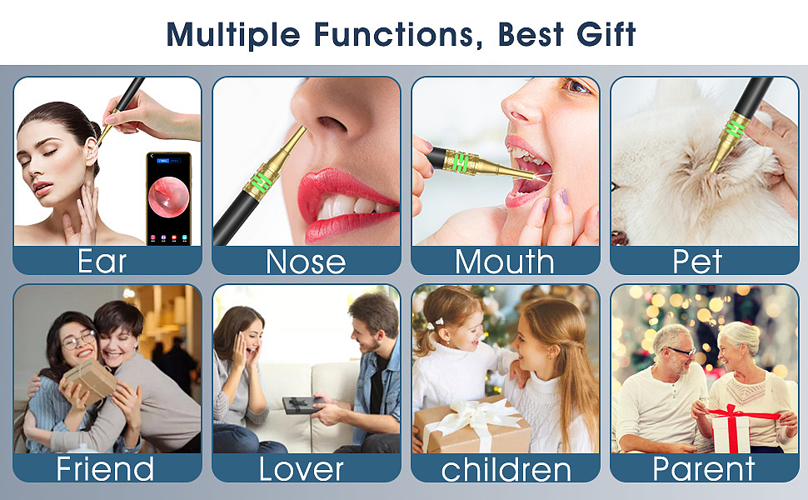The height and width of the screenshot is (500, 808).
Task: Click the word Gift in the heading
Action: click(x=606, y=35)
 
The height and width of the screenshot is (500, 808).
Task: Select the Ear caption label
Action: click(x=102, y=261)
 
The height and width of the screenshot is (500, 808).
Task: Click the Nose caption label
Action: click(x=306, y=262)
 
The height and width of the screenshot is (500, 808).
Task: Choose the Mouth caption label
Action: click(x=505, y=261)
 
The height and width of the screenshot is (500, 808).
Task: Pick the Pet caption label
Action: click(x=697, y=262)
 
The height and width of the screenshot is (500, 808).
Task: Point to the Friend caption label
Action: click(x=105, y=468)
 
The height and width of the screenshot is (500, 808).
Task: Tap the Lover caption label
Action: click(x=301, y=468)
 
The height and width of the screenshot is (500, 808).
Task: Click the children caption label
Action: click(x=506, y=469)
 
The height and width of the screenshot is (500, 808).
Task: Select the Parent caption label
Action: click(x=703, y=468)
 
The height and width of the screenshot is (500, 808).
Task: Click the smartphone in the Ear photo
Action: click(x=168, y=198)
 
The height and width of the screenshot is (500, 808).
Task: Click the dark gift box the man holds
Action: click(x=302, y=405)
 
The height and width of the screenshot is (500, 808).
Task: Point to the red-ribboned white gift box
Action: click(x=731, y=430)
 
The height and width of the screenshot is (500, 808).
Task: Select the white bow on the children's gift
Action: click(x=476, y=417)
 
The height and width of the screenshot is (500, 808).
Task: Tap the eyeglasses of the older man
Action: click(x=681, y=352)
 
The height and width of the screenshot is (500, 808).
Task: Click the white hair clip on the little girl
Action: click(x=435, y=323)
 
